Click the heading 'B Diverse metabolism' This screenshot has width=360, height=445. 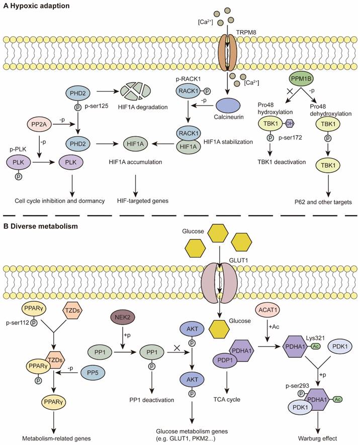pos(40,227)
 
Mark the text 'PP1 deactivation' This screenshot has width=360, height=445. pos(152,401)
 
